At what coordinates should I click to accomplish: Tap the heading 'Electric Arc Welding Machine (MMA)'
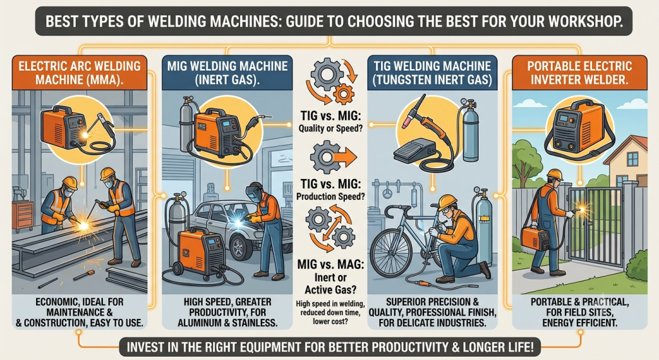click(79, 72)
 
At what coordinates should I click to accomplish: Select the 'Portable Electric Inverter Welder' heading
click(580, 72)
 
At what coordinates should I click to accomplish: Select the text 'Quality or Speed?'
click(330, 128)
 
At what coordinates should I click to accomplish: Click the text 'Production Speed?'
click(330, 196)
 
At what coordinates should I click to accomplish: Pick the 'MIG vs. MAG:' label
click(331, 264)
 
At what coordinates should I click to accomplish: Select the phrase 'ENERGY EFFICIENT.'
click(580, 323)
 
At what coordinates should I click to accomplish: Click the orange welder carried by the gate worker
click(535, 239)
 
